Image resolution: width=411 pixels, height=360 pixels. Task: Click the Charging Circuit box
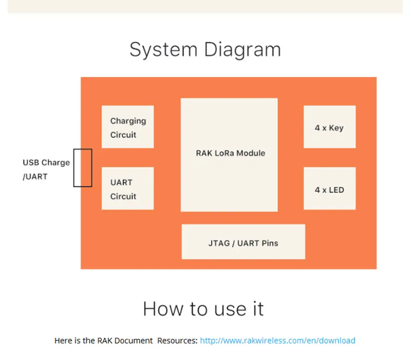click(127, 127)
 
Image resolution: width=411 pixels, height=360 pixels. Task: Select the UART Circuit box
click(127, 188)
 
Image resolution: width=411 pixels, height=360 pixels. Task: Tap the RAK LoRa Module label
click(231, 153)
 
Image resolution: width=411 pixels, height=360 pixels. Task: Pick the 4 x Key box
click(329, 127)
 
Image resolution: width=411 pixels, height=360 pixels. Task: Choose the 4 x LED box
click(329, 188)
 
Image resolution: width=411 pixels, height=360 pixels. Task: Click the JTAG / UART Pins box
click(243, 242)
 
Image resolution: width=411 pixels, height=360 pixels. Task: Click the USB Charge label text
click(46, 163)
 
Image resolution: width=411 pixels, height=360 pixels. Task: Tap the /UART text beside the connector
click(35, 176)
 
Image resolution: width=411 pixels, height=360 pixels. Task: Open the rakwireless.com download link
click(277, 340)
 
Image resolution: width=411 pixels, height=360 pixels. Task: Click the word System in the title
click(163, 50)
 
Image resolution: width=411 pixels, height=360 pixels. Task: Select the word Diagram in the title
click(242, 50)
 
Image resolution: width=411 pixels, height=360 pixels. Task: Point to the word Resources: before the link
click(177, 340)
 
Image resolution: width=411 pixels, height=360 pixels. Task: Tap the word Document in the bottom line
click(134, 340)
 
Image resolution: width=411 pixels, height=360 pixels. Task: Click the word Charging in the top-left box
click(128, 121)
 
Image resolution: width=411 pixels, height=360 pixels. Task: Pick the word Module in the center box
click(251, 153)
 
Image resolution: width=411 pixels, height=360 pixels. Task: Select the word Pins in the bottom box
click(270, 243)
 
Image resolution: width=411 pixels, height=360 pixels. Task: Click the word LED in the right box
click(337, 190)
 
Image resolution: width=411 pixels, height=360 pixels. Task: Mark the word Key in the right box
click(337, 128)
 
